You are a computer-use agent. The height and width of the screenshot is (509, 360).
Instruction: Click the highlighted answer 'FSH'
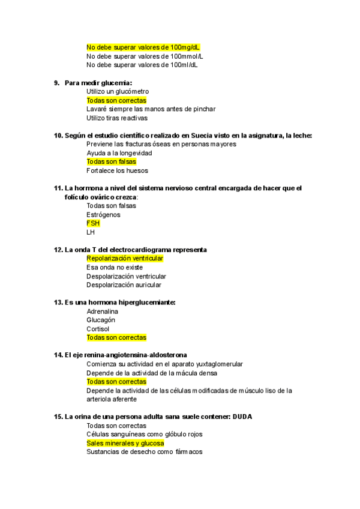pyautogui.click(x=93, y=223)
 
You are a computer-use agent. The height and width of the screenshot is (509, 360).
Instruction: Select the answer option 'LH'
pyautogui.click(x=91, y=232)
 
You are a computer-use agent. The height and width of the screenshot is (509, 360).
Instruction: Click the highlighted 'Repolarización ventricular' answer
pyautogui.click(x=125, y=258)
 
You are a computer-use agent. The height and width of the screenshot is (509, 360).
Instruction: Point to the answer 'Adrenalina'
pyautogui.click(x=103, y=312)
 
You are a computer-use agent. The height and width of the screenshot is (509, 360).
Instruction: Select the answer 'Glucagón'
pyautogui.click(x=101, y=320)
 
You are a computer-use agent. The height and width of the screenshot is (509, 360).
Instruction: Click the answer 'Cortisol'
pyautogui.click(x=98, y=329)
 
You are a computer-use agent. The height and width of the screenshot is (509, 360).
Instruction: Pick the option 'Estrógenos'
pyautogui.click(x=103, y=214)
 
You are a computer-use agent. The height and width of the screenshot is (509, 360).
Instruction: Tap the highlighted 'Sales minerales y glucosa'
pyautogui.click(x=125, y=443)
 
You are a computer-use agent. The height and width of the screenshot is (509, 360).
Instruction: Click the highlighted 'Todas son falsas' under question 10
pyautogui.click(x=111, y=161)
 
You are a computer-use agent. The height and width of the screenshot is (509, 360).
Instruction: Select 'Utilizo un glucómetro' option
pyautogui.click(x=118, y=91)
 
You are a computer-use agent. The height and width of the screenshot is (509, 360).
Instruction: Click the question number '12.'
pyautogui.click(x=58, y=249)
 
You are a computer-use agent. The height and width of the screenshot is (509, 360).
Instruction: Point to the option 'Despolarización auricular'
pyautogui.click(x=124, y=285)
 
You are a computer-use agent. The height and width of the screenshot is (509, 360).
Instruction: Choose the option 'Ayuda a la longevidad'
pyautogui.click(x=119, y=153)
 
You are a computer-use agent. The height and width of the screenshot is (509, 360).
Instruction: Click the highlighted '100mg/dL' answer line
pyautogui.click(x=143, y=47)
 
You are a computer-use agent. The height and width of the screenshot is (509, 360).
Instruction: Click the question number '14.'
pyautogui.click(x=58, y=355)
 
